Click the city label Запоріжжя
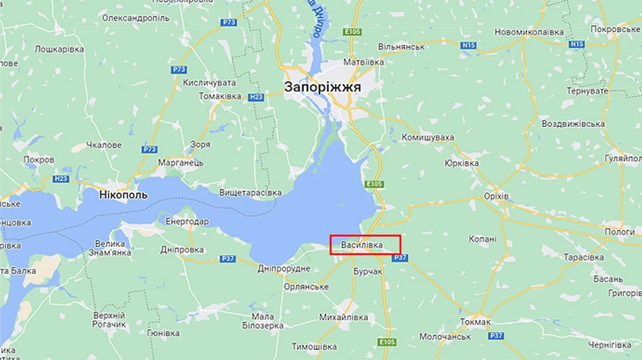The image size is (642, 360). click(322, 87)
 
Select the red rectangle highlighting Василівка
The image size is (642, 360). click(365, 245)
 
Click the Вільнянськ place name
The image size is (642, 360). click(402, 46)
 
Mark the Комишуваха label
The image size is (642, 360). click(428, 137)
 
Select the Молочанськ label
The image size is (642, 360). click(445, 336)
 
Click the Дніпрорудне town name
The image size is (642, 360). click(284, 268)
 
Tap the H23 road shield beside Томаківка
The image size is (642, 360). click(257, 96)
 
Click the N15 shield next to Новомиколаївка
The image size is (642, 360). click(468, 45)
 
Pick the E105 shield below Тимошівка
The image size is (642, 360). click(387, 343)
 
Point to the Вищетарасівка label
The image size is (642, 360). click(250, 192)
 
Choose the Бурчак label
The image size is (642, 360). click(368, 272)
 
